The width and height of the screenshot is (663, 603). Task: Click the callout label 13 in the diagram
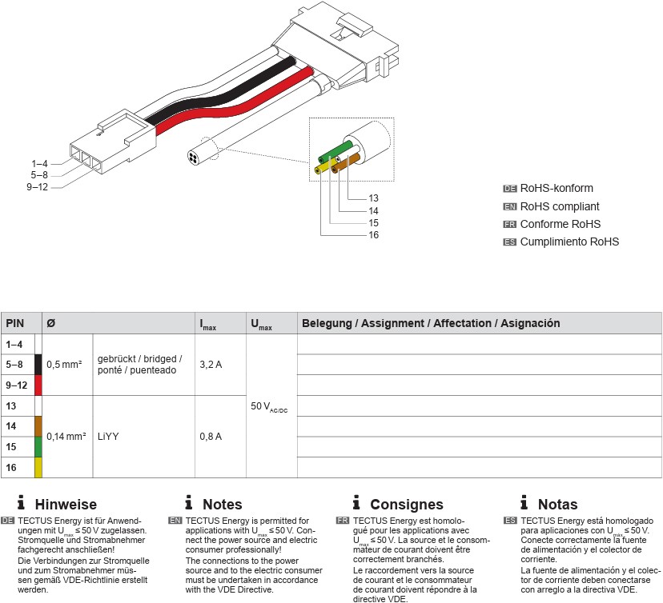374,198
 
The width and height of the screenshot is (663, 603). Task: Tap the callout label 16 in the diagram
374,235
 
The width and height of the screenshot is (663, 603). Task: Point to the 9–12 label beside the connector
37,187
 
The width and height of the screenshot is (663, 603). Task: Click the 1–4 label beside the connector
40,163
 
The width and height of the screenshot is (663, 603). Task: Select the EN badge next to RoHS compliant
510,206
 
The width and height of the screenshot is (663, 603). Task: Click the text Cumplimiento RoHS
569,242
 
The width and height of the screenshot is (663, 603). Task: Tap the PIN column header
15,324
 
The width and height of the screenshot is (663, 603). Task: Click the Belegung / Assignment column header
429,324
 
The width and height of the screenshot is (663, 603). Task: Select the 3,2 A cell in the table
211,365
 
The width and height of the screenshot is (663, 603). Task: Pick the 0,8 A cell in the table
211,437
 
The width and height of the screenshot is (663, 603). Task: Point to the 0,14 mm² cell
66,437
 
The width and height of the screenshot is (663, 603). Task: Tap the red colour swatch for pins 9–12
38,385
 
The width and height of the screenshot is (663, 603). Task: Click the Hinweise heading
66,505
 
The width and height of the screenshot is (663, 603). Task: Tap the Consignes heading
406,505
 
